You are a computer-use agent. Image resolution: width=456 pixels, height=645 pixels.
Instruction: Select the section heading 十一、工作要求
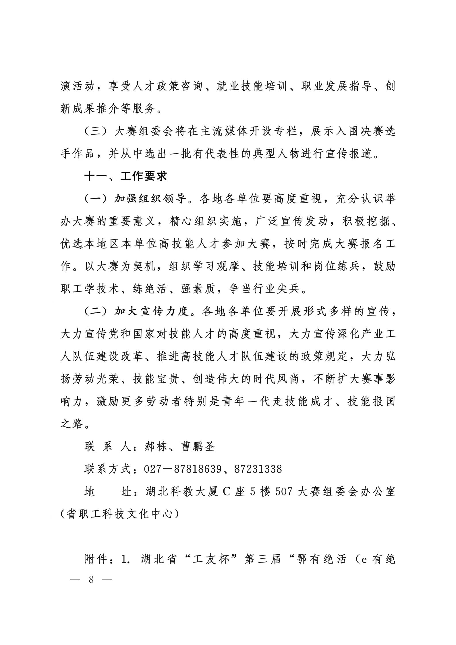(125, 176)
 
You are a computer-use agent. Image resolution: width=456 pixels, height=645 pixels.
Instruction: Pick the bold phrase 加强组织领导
(150, 199)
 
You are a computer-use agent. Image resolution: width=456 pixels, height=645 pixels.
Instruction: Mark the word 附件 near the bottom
(96, 559)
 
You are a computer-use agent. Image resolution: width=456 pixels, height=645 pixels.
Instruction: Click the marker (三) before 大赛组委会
(96, 132)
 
